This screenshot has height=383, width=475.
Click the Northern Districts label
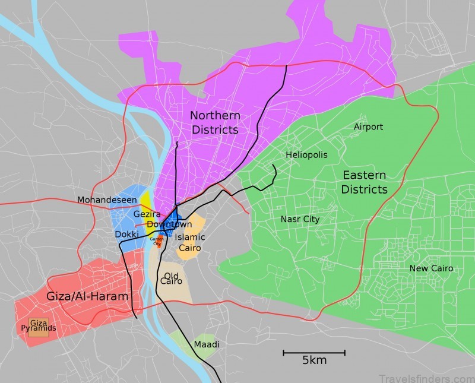[x=215, y=122]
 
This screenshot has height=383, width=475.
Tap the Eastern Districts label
[x=364, y=182]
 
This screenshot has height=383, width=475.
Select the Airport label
[x=368, y=126]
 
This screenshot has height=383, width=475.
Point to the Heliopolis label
[x=306, y=155]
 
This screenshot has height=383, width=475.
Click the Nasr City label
[x=300, y=219]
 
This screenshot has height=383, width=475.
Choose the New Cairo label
[x=431, y=268]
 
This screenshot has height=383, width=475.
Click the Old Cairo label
[x=171, y=278]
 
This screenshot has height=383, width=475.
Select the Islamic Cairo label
[x=190, y=242]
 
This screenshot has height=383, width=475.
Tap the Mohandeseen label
[x=107, y=200]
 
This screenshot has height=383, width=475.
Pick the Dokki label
[x=126, y=235]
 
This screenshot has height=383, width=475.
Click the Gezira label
[x=146, y=214]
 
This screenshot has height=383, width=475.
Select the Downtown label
[x=169, y=224]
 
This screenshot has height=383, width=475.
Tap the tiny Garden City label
[x=157, y=240]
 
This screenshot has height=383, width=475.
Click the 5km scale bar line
[x=313, y=353]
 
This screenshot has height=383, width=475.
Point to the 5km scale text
[x=314, y=360]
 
